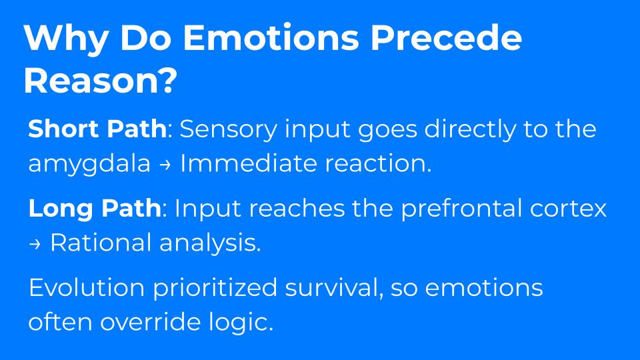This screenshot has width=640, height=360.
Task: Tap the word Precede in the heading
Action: point(446,37)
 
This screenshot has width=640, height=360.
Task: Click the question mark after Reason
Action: point(167,80)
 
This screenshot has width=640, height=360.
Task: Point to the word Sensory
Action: point(228,130)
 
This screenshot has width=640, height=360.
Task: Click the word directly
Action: point(470,130)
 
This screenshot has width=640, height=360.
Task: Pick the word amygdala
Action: point(89,165)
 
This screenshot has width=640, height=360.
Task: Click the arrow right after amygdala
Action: point(165,165)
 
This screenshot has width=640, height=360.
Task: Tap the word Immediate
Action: point(249,163)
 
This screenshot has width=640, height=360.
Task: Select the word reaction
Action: point(378,164)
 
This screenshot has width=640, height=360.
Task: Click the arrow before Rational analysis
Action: point(35,244)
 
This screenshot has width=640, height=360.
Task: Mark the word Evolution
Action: point(87,287)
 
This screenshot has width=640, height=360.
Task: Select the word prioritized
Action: point(215,288)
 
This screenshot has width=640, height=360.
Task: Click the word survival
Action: point(334,288)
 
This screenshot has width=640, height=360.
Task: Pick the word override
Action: point(151,322)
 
